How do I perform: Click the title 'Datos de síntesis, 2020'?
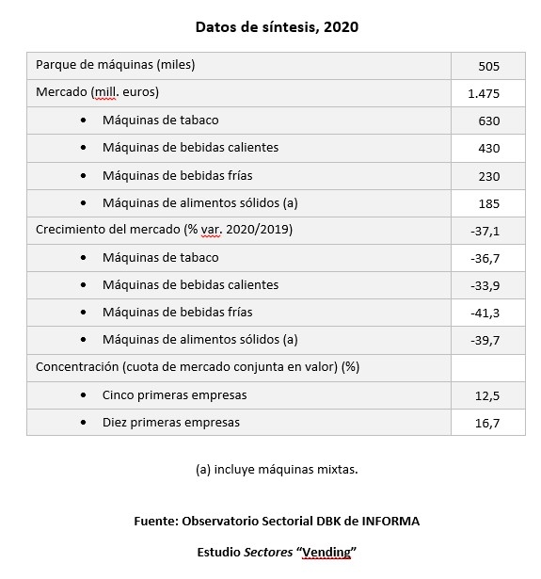pyautogui.click(x=277, y=26)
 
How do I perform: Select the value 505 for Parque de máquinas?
pyautogui.click(x=487, y=67)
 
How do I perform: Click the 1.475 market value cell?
pyautogui.click(x=483, y=94)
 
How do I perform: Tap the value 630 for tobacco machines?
pyautogui.click(x=487, y=121)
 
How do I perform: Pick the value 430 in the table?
pyautogui.click(x=487, y=149)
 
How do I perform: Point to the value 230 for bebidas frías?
pyautogui.click(x=487, y=176)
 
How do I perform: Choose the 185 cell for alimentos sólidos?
pyautogui.click(x=487, y=203)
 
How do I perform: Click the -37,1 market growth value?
pyautogui.click(x=485, y=231)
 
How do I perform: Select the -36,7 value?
pyautogui.click(x=485, y=258)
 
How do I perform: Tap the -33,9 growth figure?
pyautogui.click(x=485, y=285)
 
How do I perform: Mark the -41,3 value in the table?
pyautogui.click(x=485, y=313)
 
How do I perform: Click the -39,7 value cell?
pyautogui.click(x=485, y=340)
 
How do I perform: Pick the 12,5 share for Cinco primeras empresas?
pyautogui.click(x=486, y=395)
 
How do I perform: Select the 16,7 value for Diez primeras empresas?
pyautogui.click(x=486, y=424)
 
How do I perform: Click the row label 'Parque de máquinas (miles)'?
pyautogui.click(x=115, y=65)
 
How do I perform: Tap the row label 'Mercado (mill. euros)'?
pyautogui.click(x=97, y=92)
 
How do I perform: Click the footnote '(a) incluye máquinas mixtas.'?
pyautogui.click(x=277, y=469)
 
